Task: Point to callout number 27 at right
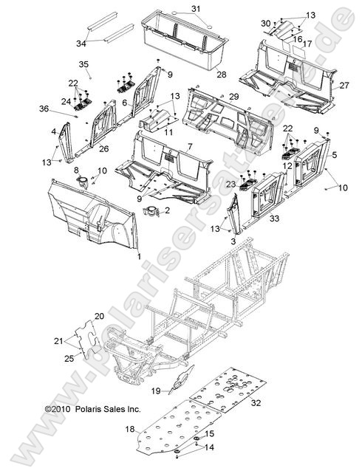click(x=343, y=86)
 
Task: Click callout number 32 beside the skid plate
click(x=256, y=403)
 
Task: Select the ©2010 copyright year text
click(x=58, y=408)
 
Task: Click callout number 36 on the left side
click(x=64, y=109)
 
